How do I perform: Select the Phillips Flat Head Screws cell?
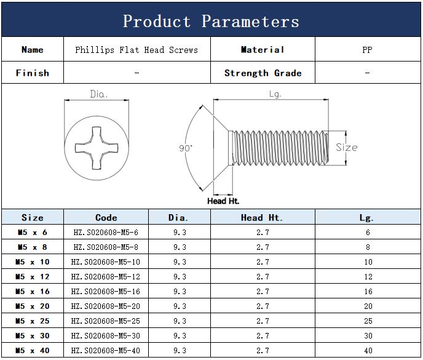click(136, 50)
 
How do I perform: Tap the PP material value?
click(367, 50)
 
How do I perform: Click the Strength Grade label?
click(263, 73)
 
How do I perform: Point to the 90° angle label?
click(186, 148)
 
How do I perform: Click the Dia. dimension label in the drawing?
click(99, 94)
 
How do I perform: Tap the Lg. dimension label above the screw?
click(275, 94)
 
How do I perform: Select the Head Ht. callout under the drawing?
click(223, 201)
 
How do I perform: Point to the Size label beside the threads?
click(347, 148)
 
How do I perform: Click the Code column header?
click(106, 217)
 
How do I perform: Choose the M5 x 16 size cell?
click(32, 291)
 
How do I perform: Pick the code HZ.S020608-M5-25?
click(106, 321)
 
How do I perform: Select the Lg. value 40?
click(368, 350)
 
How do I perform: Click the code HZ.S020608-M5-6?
click(106, 232)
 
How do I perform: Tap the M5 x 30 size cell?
click(32, 335)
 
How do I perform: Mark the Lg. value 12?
click(368, 276)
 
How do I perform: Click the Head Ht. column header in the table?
click(262, 217)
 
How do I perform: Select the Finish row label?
click(32, 73)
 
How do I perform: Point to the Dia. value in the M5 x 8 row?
click(180, 247)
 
